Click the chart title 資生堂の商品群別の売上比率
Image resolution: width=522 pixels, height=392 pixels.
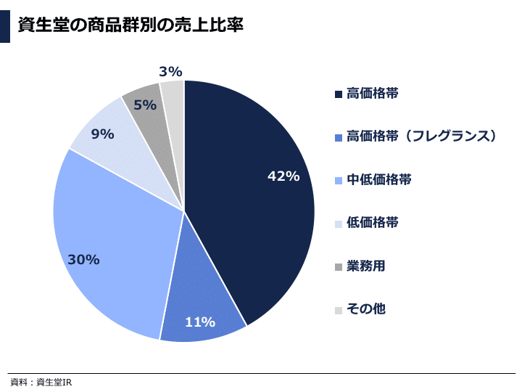click(x=130, y=25)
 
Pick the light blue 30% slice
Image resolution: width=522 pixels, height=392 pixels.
click(x=109, y=232)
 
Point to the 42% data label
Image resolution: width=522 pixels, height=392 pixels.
click(x=283, y=176)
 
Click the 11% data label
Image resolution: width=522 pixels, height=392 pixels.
click(x=200, y=322)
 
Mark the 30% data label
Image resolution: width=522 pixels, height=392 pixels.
click(x=83, y=259)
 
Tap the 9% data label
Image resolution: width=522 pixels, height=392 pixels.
click(x=102, y=134)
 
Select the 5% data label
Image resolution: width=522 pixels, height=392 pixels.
click(x=145, y=105)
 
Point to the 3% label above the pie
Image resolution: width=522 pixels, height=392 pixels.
click(x=170, y=72)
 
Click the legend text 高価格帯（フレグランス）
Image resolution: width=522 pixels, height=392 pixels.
click(x=422, y=136)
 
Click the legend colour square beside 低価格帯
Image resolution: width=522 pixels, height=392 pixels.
click(x=338, y=224)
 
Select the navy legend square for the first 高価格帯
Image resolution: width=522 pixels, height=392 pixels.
click(x=338, y=94)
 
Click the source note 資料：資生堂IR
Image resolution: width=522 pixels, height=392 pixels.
click(x=41, y=383)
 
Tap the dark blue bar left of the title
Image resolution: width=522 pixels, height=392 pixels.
click(x=5, y=25)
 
